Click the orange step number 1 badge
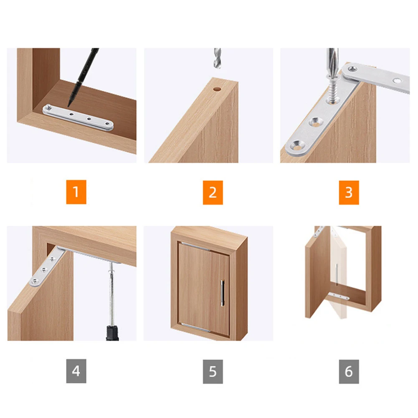click(76, 192)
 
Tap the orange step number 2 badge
click(213, 192)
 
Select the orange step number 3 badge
click(349, 192)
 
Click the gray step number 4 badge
click(76, 371)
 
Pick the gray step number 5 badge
click(213, 371)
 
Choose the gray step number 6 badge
click(349, 371)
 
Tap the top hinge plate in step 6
click(319, 231)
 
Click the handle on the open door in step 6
click(336, 274)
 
